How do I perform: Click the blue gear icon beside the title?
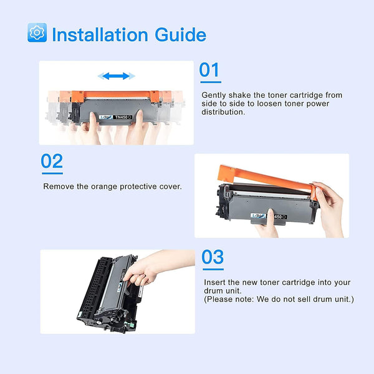click(x=37, y=33)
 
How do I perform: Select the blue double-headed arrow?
click(x=117, y=76)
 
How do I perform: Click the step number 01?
click(x=209, y=70)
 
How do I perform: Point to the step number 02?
click(x=52, y=161)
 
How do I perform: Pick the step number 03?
click(x=213, y=257)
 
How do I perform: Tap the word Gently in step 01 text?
click(x=214, y=95)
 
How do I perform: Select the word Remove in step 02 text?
click(x=57, y=186)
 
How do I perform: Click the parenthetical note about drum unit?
click(x=279, y=299)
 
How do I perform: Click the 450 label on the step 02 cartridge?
click(x=279, y=216)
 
